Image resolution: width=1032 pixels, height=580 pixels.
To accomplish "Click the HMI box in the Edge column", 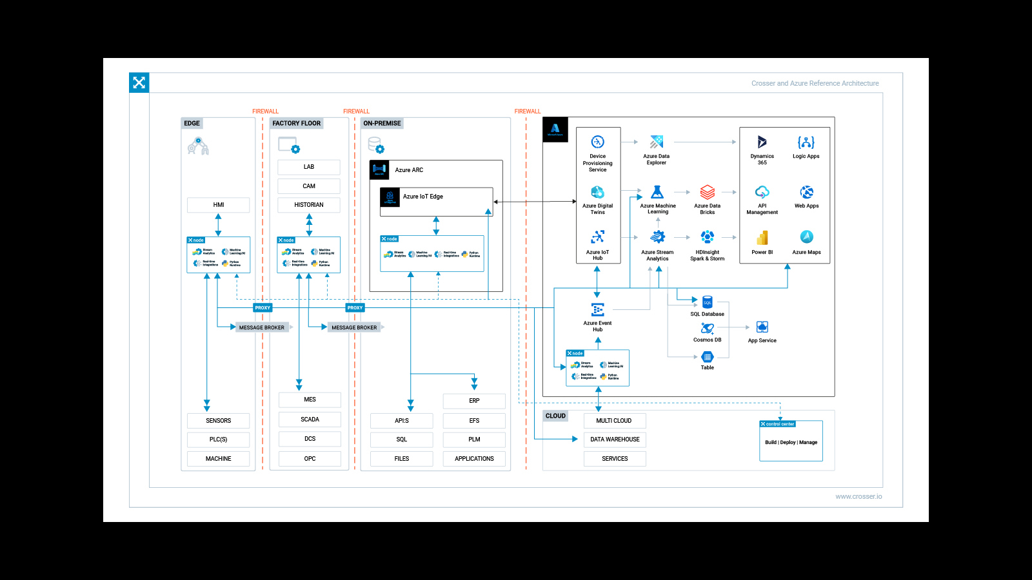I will click(x=218, y=205).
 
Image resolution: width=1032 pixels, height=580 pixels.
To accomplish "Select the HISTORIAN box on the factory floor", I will click(x=308, y=205).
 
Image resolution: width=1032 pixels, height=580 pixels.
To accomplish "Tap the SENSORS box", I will click(x=218, y=421).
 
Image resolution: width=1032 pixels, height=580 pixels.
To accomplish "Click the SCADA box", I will click(x=310, y=420).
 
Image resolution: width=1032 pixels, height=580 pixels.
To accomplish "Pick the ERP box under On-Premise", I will click(x=474, y=401).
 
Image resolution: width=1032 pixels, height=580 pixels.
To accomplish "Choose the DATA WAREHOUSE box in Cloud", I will click(x=615, y=440).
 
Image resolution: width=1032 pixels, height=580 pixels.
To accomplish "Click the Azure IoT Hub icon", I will click(x=597, y=237).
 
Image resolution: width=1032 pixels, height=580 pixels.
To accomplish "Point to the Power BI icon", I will click(x=762, y=238).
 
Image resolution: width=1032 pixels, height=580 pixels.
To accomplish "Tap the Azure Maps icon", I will click(x=806, y=237).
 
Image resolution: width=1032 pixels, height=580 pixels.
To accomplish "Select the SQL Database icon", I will click(x=707, y=302).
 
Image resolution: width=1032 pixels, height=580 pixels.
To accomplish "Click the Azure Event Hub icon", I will click(x=597, y=309).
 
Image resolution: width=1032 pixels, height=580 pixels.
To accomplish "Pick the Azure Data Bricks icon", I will click(x=707, y=192).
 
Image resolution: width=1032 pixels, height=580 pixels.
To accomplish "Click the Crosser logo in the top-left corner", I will click(x=139, y=82).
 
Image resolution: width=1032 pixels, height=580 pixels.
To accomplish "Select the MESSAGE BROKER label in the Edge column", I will click(x=261, y=327).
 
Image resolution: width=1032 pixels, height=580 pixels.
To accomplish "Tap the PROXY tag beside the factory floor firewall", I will click(x=355, y=307).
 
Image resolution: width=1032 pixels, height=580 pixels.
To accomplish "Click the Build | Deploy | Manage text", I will click(x=791, y=443).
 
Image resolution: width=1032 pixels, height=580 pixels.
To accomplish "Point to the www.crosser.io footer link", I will click(x=858, y=496).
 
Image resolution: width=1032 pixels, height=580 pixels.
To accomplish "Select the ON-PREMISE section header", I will click(x=382, y=123).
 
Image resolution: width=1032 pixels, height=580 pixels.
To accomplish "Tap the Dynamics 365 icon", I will click(x=762, y=142).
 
